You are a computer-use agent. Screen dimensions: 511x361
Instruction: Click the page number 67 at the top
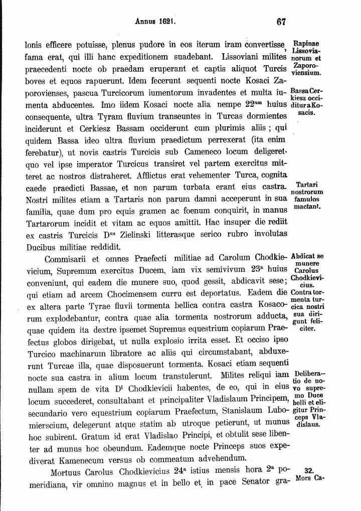tap(280, 22)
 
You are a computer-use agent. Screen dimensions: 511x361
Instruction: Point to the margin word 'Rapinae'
tap(306, 44)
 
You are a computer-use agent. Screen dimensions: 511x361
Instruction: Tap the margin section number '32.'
tap(309, 470)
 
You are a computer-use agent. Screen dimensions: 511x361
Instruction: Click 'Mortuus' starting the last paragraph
tap(67, 472)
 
